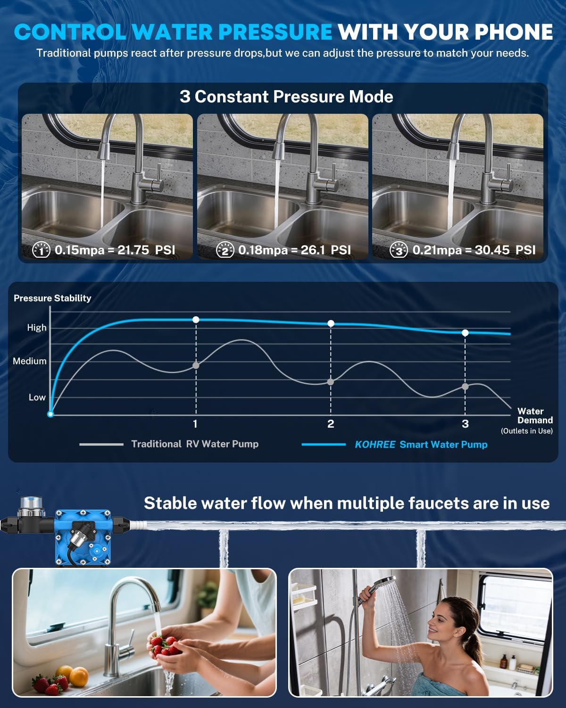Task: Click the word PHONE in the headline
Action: pos(513,32)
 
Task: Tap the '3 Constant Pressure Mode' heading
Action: pos(286,97)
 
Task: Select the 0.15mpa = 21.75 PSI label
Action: pos(115,250)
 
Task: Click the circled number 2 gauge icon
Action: pos(225,250)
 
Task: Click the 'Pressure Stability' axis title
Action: pos(52,298)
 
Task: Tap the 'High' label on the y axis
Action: pos(37,328)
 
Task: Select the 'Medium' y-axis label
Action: pos(30,361)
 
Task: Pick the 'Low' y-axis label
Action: pos(37,397)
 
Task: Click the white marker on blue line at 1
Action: pos(196,320)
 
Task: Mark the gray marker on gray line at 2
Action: pos(331,382)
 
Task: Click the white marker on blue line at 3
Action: pos(465,333)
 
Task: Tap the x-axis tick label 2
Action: pos(331,424)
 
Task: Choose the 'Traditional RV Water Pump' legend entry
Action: pos(194,444)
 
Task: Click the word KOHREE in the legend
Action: pos(375,445)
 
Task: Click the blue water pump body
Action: pos(83,538)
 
